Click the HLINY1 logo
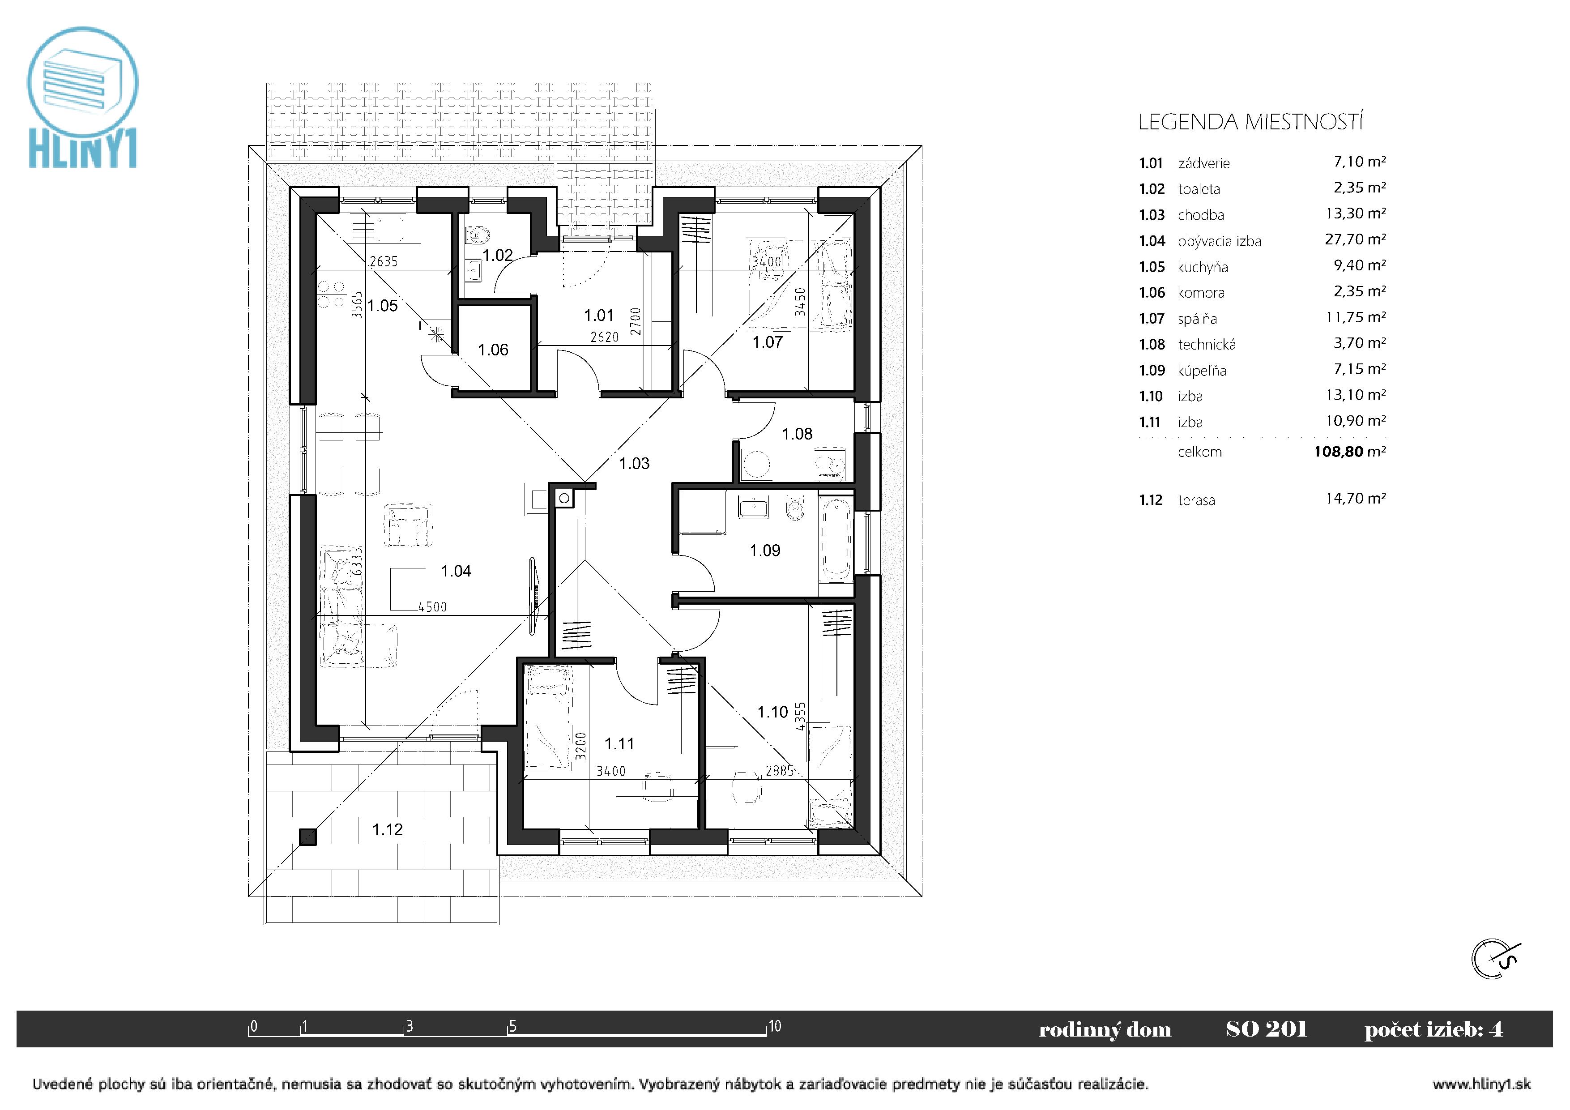tap(83, 97)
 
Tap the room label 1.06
tap(493, 350)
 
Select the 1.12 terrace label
tap(387, 830)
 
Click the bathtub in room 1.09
tap(836, 542)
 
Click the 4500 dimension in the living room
tap(432, 606)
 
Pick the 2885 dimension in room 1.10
tap(780, 771)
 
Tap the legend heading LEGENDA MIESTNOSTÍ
tap(1250, 123)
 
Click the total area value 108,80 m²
tap(1350, 452)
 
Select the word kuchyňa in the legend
tap(1203, 267)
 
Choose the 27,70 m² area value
tap(1355, 239)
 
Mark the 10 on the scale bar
tap(774, 1026)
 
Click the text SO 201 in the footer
tap(1267, 1029)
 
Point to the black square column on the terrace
tap(308, 837)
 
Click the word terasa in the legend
tap(1197, 501)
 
